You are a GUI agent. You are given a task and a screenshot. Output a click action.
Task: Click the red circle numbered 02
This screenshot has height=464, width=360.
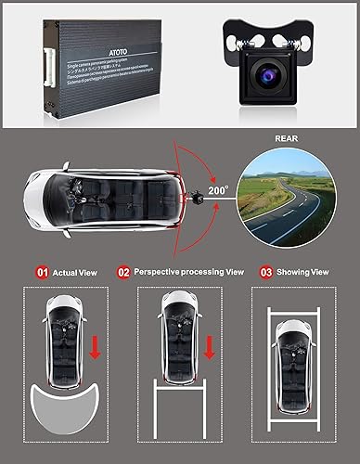[x=123, y=272]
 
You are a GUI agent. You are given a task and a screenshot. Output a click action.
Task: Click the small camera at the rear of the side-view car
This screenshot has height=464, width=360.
[x=197, y=198]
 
